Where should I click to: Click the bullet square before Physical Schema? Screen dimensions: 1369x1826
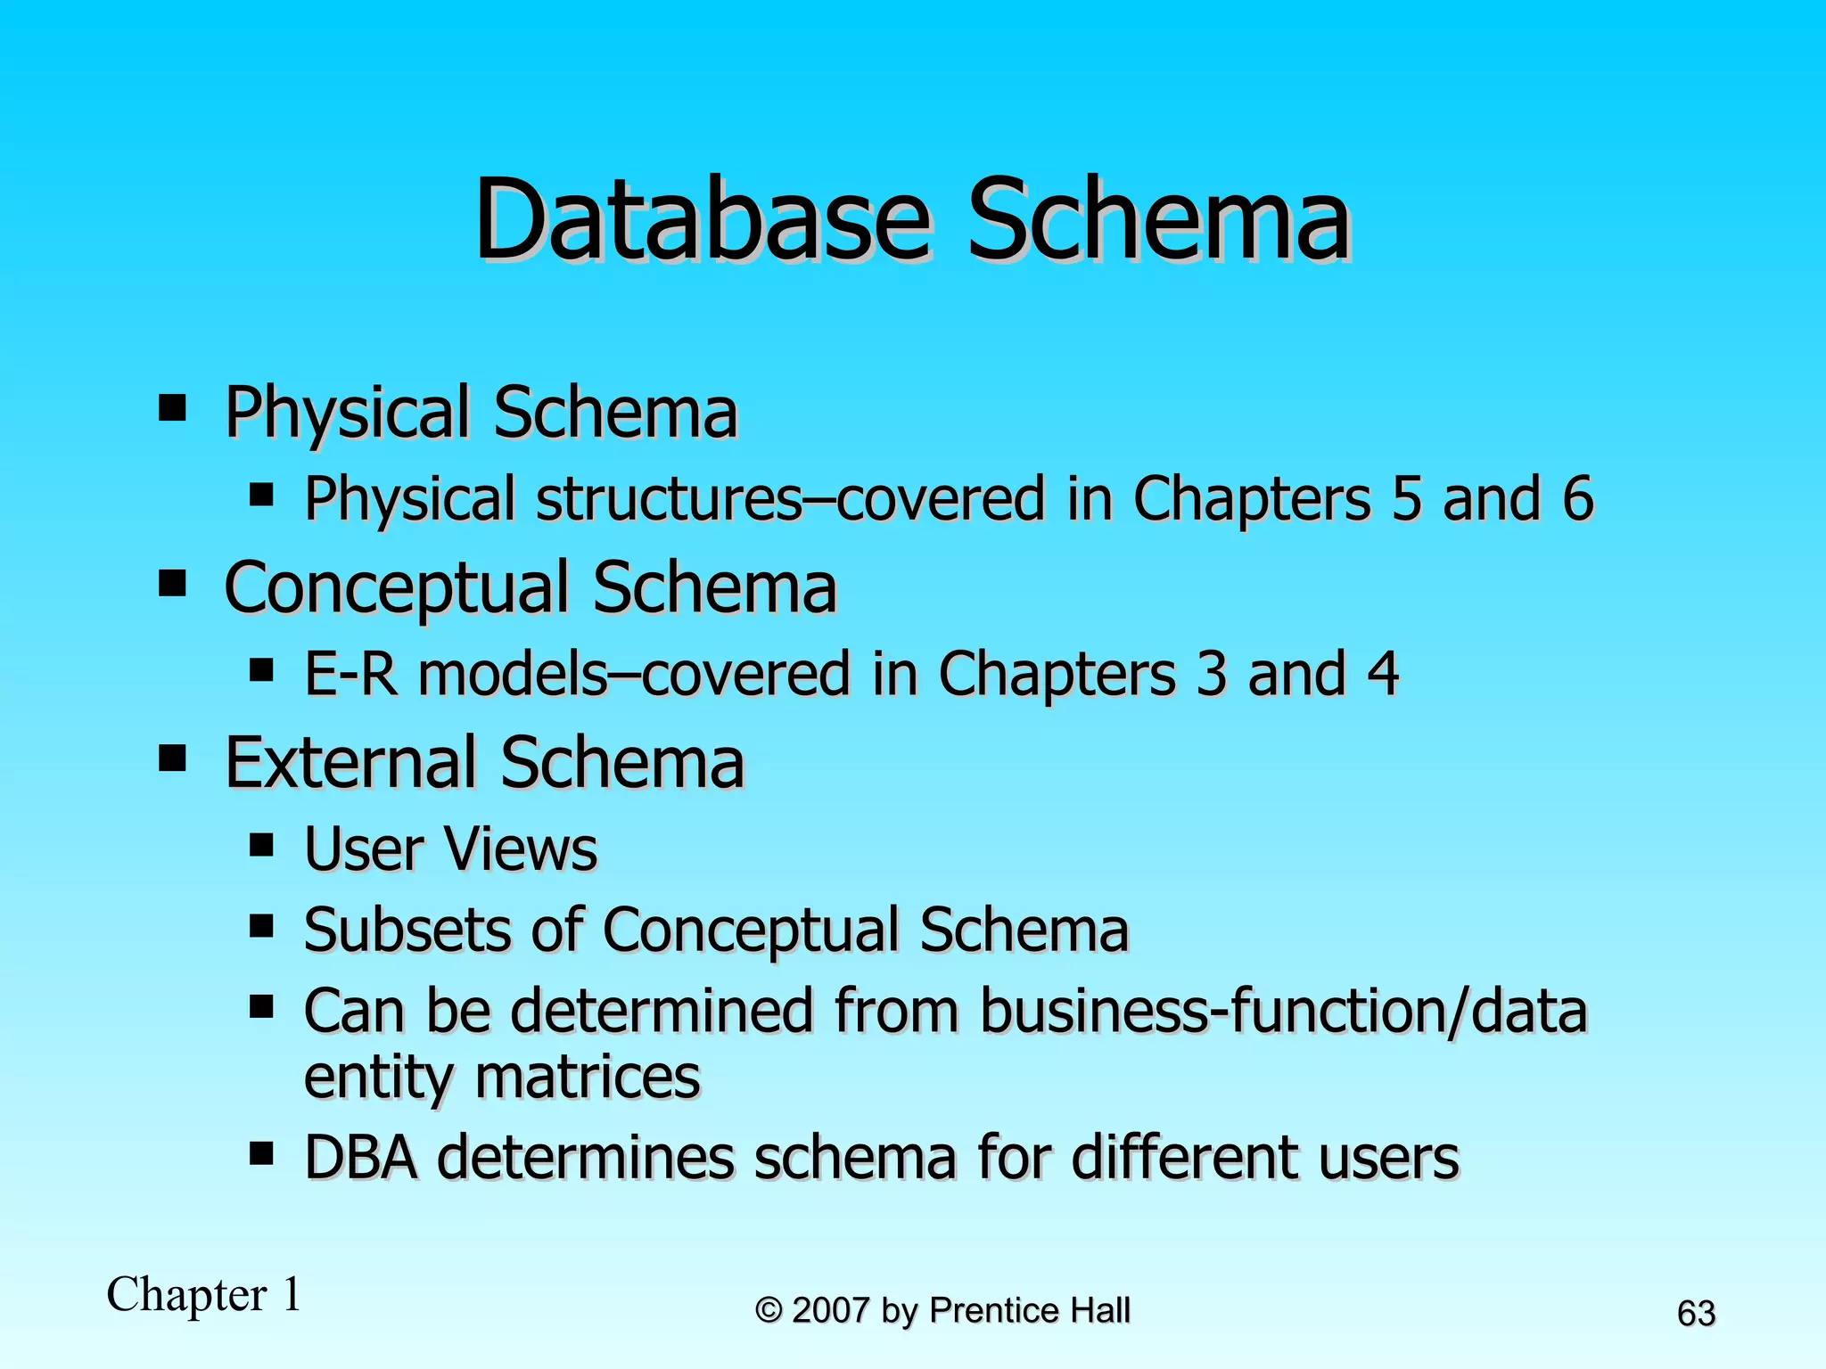point(172,409)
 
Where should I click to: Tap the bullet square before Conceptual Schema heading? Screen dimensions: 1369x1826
point(172,585)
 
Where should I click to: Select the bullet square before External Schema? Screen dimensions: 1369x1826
point(172,759)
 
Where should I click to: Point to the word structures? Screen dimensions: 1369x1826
point(670,498)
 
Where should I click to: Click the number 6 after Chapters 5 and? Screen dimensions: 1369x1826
point(1577,498)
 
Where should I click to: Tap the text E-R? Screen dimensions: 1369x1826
point(350,674)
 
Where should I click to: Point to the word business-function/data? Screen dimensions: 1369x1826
point(1284,1012)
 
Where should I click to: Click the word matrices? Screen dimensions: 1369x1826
point(588,1077)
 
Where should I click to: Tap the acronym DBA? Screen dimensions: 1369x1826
point(361,1158)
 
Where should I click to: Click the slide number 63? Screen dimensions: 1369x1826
point(1696,1314)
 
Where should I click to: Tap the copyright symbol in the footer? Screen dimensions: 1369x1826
point(769,1310)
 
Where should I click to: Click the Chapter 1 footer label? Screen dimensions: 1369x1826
point(204,1294)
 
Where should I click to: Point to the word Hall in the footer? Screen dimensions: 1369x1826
point(1100,1310)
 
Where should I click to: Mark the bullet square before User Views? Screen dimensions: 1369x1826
point(261,845)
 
